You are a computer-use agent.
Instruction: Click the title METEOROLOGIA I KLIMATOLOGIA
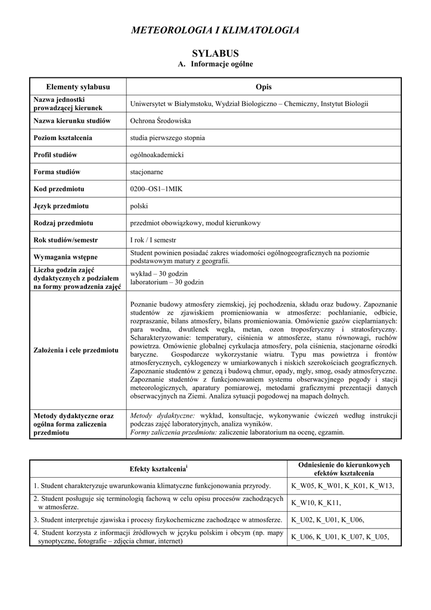pos(215,30)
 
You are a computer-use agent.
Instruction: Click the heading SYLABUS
pos(215,53)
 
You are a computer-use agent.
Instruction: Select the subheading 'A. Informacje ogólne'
pos(215,64)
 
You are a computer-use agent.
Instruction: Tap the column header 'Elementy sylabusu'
pos(78,87)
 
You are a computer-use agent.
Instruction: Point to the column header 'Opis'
pos(263,87)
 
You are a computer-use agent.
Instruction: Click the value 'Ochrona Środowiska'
pos(160,120)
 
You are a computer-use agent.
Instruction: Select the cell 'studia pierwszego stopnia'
pos(167,138)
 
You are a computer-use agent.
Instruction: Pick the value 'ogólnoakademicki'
pos(157,155)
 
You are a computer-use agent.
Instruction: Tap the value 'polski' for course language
pos(139,206)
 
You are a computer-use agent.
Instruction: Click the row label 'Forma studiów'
pos(57,172)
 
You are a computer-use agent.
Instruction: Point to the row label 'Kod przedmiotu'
pos(59,189)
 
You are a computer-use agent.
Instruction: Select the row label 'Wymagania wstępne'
pos(66,257)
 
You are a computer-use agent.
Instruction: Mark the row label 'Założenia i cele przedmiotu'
pos(76,350)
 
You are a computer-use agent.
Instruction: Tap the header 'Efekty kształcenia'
pos(158,469)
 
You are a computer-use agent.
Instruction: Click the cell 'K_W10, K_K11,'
pos(316,503)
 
